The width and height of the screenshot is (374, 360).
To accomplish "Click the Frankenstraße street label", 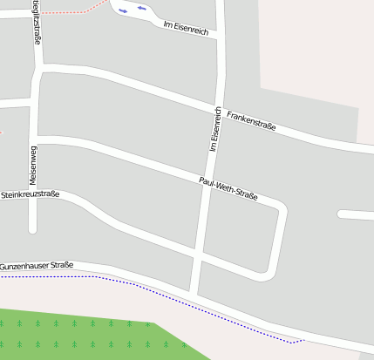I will pos(250,120).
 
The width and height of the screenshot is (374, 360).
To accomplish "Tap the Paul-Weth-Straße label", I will pos(228,188).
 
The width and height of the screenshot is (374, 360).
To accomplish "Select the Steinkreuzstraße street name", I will pos(30,194).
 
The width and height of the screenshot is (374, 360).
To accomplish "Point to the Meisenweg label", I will pos(33,163).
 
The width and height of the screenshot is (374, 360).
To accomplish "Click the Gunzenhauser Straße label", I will pos(36,265).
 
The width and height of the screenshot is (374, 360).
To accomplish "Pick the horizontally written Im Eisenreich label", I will pos(186,29).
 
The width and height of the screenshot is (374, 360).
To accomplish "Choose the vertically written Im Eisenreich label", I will pos(214,131).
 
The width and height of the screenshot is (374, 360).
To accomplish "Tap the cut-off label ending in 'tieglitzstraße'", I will pos(36,22).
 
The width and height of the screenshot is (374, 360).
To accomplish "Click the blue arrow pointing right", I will pos(123,10).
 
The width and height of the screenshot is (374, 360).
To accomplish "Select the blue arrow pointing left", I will pos(141,8).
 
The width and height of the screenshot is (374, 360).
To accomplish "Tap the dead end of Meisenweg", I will pos(33,229).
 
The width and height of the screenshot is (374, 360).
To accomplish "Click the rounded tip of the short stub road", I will pos(341,214).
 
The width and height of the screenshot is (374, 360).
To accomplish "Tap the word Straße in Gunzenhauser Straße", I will pos(60,264).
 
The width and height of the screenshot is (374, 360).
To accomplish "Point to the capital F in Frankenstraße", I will pos(228,113).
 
